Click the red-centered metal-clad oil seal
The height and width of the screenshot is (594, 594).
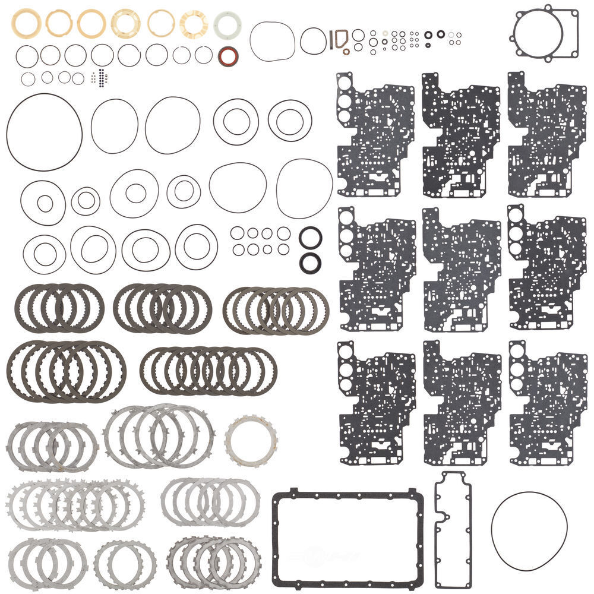click(229, 57)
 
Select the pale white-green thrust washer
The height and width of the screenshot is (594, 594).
click(228, 24)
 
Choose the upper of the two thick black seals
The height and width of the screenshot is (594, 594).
click(311, 238)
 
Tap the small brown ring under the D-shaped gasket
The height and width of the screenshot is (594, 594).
click(346, 52)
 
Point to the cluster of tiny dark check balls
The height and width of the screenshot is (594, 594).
click(102, 78)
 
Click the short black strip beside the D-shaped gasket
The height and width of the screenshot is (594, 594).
click(330, 39)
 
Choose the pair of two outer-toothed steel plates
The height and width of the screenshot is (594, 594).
click(125, 563)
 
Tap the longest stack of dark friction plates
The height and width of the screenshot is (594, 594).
click(208, 371)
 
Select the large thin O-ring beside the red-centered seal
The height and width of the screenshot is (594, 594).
click(271, 42)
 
